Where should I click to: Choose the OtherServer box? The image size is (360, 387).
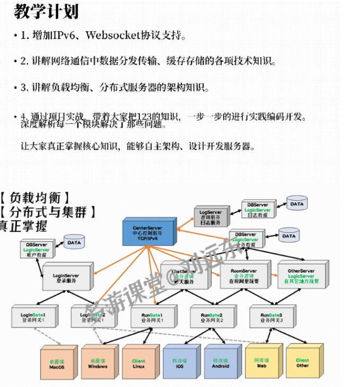[301, 275]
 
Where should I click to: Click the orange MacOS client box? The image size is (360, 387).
[57, 363]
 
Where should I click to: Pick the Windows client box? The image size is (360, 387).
[98, 363]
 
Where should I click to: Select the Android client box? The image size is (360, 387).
[221, 363]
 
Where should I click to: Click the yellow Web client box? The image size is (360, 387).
[261, 363]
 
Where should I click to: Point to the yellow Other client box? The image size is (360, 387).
[302, 363]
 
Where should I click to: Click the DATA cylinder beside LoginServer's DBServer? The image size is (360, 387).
[74, 242]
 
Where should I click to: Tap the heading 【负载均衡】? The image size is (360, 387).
[37, 199]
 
